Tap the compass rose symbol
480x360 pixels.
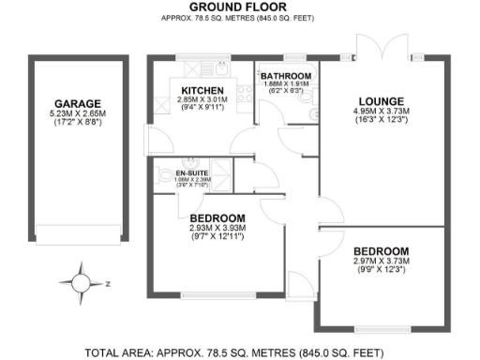pyautogui.click(x=81, y=280)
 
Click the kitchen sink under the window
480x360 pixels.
pyautogui.click(x=216, y=68)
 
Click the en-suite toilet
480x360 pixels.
pyautogui.click(x=164, y=175)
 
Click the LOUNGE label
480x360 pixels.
pyautogui.click(x=381, y=101)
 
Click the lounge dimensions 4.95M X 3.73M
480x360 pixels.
pyautogui.click(x=381, y=113)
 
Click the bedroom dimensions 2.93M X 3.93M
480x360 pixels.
pyautogui.click(x=217, y=229)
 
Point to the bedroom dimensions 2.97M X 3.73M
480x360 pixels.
pyautogui.click(x=381, y=263)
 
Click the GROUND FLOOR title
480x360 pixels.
pyautogui.click(x=238, y=7)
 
